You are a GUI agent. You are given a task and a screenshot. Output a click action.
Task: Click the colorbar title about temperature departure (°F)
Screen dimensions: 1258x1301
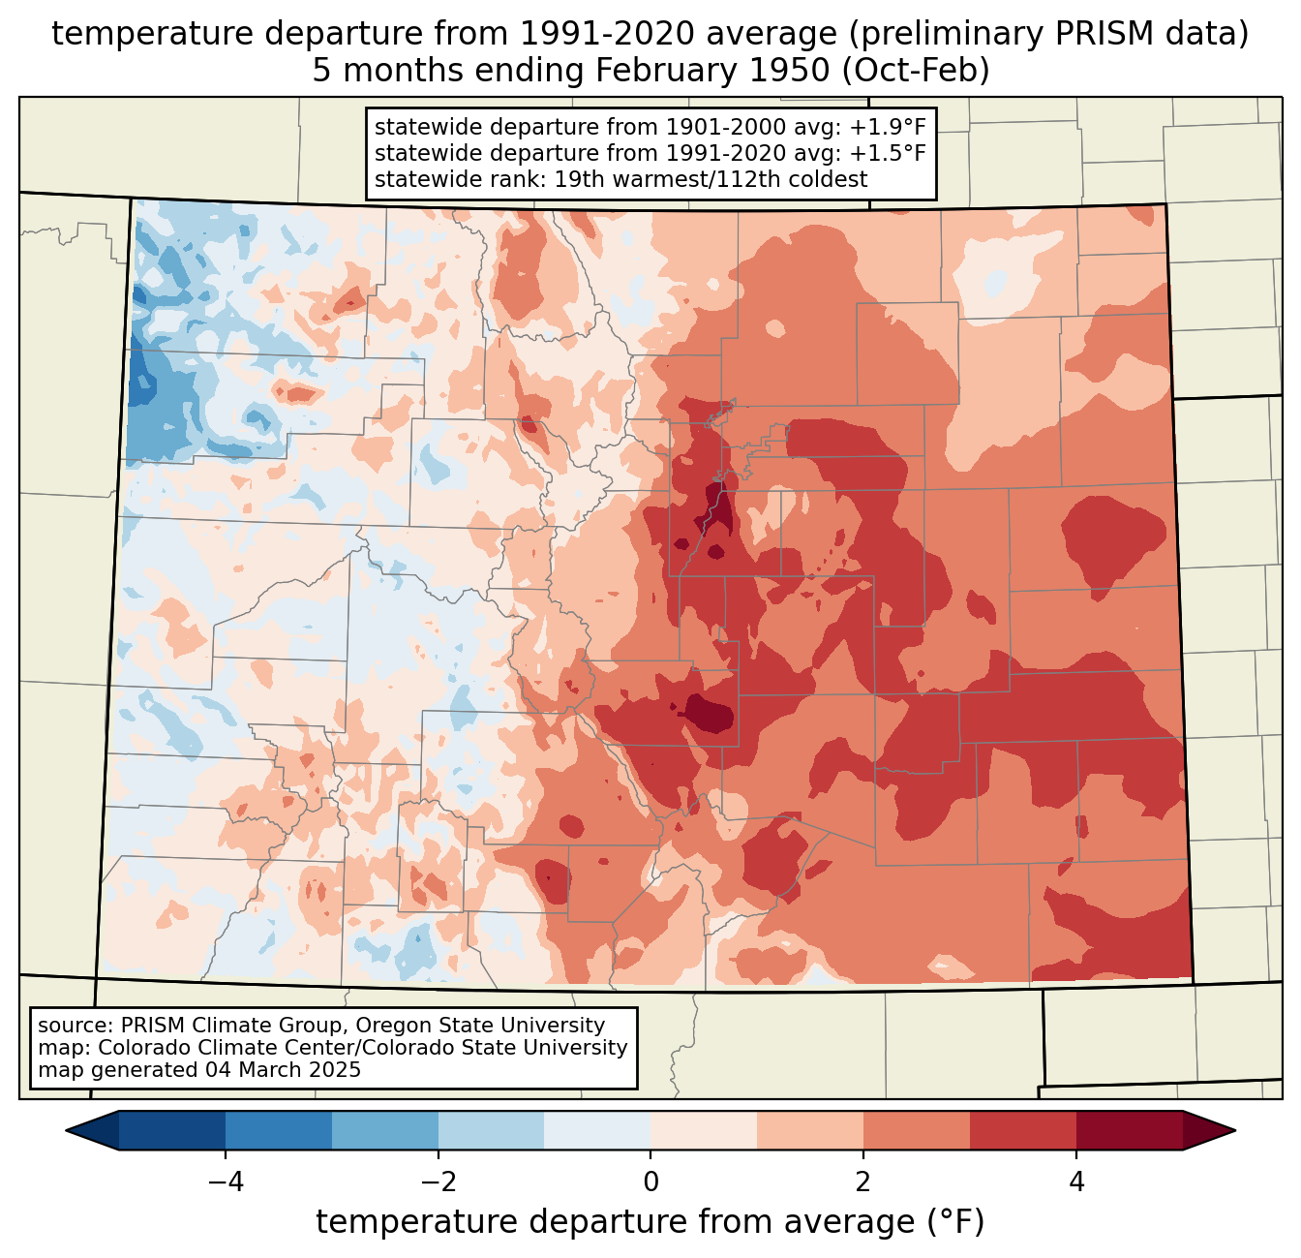click(650, 1222)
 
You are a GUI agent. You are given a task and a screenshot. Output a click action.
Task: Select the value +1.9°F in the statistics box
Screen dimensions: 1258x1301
click(887, 128)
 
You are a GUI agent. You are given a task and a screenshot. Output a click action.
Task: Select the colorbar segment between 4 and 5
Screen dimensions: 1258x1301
click(1129, 1130)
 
